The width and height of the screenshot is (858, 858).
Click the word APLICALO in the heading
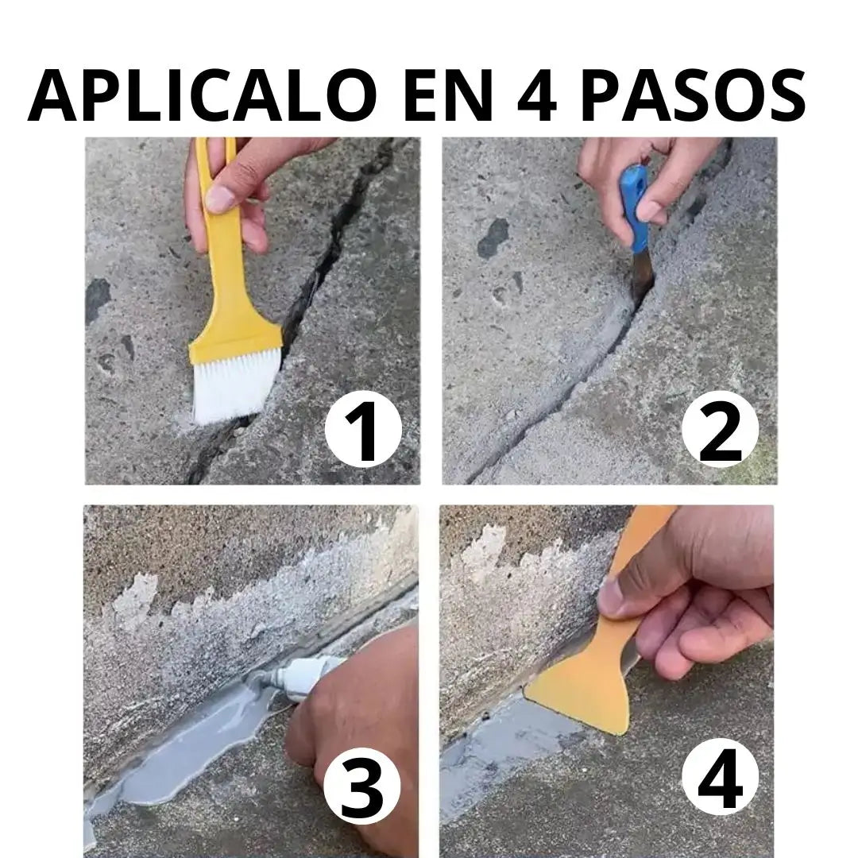pyautogui.click(x=203, y=95)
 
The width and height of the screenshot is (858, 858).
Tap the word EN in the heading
pyautogui.click(x=444, y=95)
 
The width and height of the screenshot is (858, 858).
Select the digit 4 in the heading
pyautogui.click(x=537, y=96)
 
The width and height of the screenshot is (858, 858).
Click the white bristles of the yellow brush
pyautogui.click(x=233, y=388)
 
